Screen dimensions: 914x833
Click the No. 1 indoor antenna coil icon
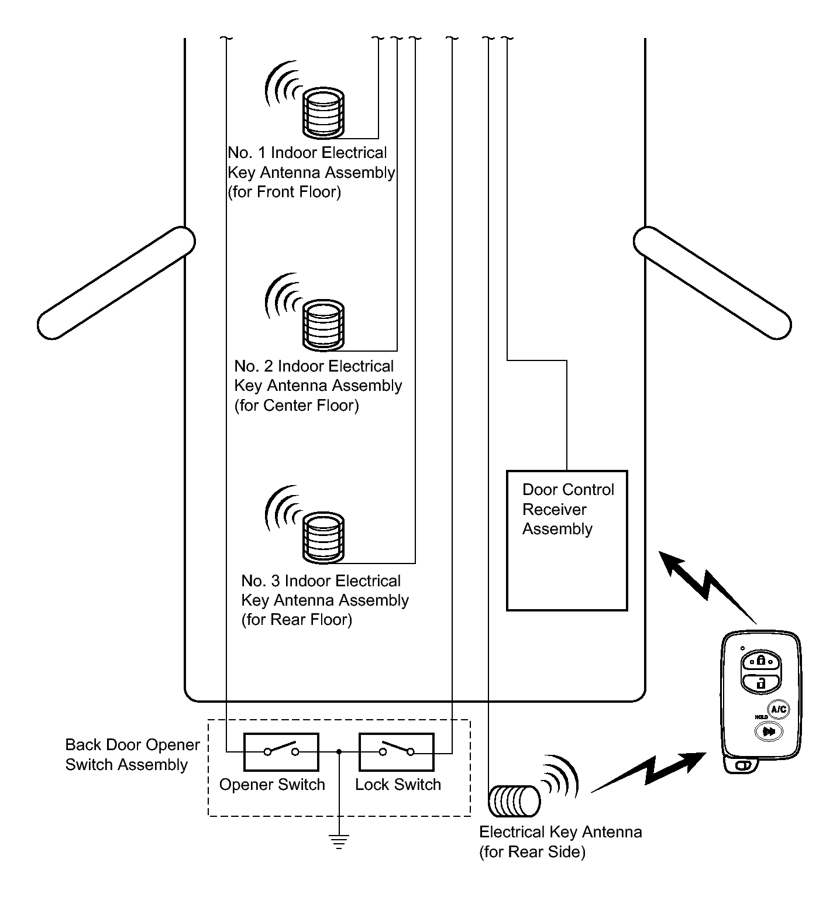point(323,111)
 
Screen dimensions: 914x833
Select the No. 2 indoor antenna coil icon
point(323,325)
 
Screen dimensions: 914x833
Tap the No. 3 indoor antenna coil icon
point(323,537)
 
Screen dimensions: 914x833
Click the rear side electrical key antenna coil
point(514,801)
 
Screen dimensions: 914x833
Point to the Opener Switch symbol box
point(281,751)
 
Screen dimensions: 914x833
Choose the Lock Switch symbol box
point(396,751)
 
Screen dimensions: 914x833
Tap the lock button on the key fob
point(761,661)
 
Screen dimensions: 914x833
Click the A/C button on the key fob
point(779,710)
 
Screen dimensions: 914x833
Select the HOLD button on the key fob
point(769,731)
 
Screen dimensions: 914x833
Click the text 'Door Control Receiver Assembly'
point(567,509)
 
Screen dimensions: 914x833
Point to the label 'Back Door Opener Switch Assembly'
point(132,755)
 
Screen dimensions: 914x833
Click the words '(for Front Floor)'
point(284,192)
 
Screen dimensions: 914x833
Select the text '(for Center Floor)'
point(297,406)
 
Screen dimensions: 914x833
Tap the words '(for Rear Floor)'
point(297,620)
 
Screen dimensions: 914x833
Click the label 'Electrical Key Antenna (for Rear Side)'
point(560,841)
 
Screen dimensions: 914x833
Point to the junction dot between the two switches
point(339,752)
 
